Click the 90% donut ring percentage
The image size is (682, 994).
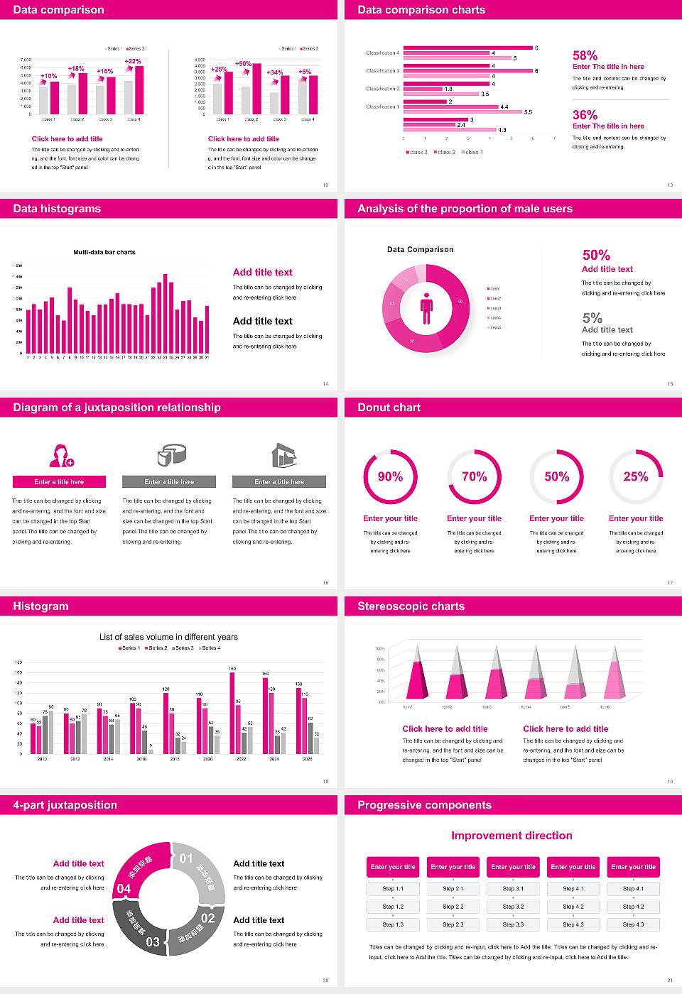390,476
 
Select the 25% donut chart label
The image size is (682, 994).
635,476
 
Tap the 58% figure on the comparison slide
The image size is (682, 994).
585,55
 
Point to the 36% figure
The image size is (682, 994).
585,115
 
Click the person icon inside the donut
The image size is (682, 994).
426,308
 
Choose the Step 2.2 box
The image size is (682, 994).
453,907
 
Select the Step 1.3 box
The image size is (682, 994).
393,924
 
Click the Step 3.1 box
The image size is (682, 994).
513,889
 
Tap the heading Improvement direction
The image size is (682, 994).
511,836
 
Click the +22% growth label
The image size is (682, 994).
133,61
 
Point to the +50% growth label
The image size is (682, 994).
243,64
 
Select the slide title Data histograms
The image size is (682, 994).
57,209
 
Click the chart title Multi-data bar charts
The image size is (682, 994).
104,252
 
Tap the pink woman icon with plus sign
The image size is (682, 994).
60,455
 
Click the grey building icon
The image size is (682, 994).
283,455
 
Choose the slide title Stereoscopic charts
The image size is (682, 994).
411,606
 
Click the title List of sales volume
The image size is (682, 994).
168,637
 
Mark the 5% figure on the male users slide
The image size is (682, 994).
592,318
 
